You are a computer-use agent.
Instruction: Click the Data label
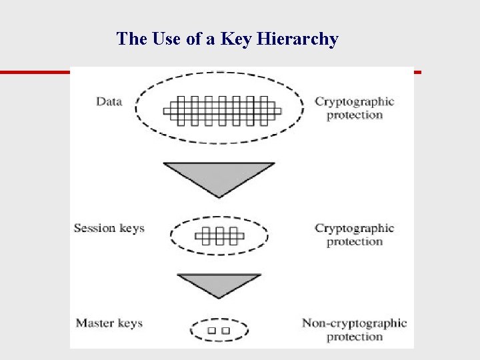pyautogui.click(x=109, y=101)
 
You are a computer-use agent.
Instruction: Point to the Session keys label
pyautogui.click(x=109, y=228)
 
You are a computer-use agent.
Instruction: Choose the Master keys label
pyautogui.click(x=109, y=323)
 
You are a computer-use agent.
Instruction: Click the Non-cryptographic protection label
pyautogui.click(x=354, y=330)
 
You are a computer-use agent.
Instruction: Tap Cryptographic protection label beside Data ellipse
pyautogui.click(x=354, y=108)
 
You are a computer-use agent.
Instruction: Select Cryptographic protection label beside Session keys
pyautogui.click(x=354, y=235)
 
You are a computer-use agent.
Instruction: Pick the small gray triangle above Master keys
pyautogui.click(x=219, y=283)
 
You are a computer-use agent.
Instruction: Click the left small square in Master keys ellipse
pyautogui.click(x=211, y=330)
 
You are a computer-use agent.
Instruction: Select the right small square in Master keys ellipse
pyautogui.click(x=226, y=330)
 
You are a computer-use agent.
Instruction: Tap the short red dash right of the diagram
pyautogui.click(x=418, y=71)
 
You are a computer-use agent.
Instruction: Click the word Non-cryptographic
pyautogui.click(x=354, y=323)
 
